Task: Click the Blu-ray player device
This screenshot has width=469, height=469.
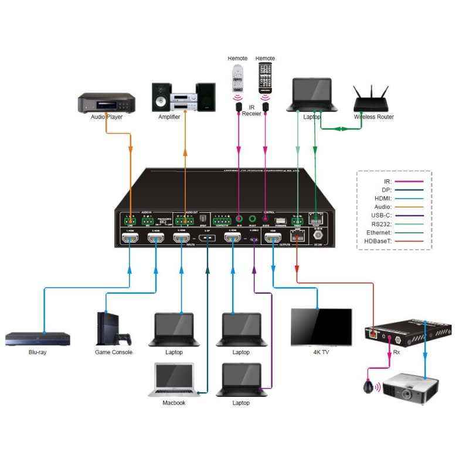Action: pos(38,338)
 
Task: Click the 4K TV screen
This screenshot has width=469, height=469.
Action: pos(321,328)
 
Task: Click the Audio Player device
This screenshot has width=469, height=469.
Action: pos(106,103)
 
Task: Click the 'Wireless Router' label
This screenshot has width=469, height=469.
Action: pos(374,117)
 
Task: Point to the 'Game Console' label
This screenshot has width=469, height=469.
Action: pos(114,352)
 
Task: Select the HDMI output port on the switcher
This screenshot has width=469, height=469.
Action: pos(273,239)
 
